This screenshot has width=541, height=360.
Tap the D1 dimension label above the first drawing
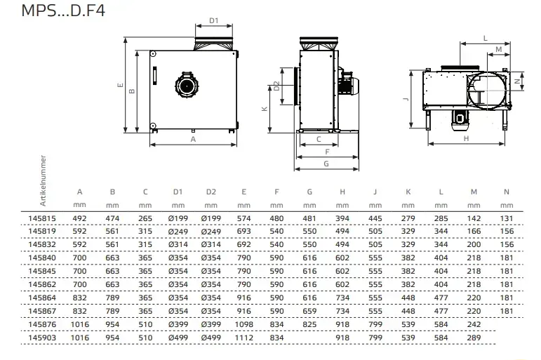tap(215, 20)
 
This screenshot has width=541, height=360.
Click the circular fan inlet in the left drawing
tap(187, 84)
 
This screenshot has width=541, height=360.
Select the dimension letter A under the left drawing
tap(193, 139)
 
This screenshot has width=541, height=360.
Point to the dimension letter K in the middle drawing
tap(264, 109)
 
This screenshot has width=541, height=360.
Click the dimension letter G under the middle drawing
tap(326, 163)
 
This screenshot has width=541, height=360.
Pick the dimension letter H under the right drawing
tap(466, 138)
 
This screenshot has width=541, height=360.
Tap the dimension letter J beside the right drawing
tap(406, 100)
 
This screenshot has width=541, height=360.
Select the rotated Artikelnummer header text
tap(44, 180)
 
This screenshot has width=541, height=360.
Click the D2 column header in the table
tap(211, 192)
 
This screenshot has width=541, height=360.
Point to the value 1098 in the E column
tap(243, 324)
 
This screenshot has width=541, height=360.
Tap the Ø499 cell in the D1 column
tap(178, 338)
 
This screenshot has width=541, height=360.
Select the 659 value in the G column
tap(309, 311)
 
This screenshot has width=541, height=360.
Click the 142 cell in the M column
tap(474, 218)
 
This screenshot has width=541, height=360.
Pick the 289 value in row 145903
tap(474, 338)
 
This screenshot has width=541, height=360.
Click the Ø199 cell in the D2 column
tap(211, 218)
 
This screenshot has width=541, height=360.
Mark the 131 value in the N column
tap(507, 218)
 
